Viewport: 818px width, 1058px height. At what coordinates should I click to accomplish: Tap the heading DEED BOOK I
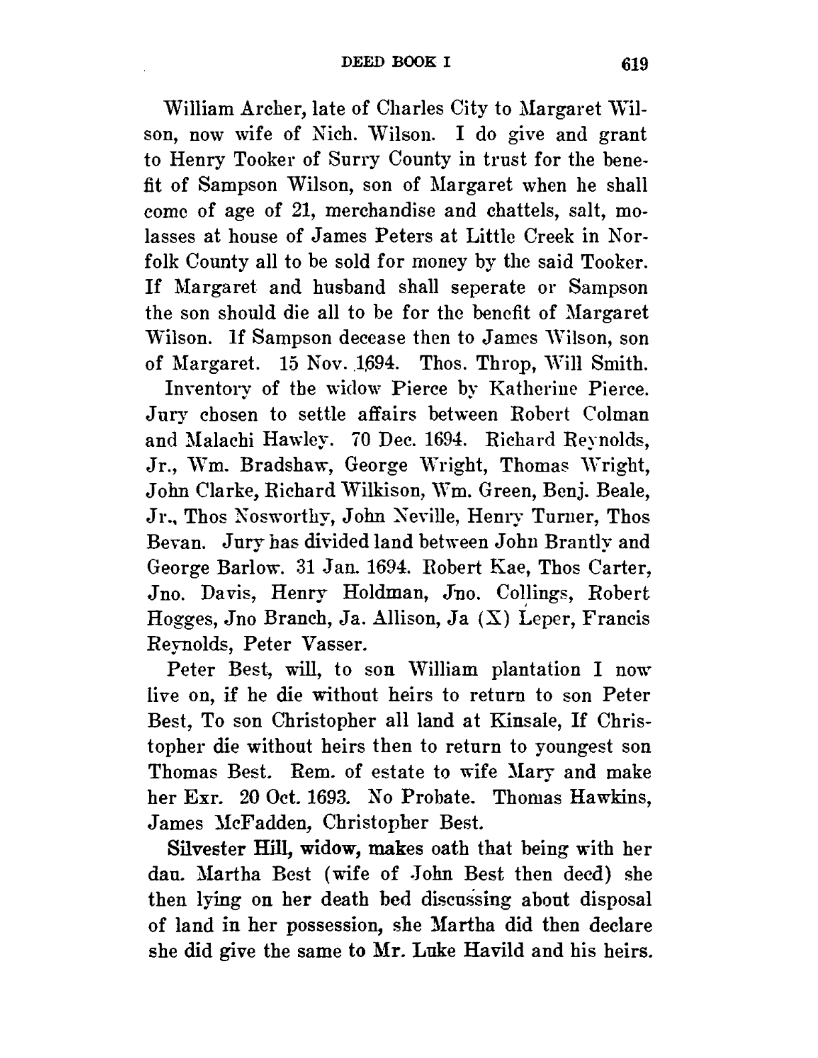click(x=397, y=62)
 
